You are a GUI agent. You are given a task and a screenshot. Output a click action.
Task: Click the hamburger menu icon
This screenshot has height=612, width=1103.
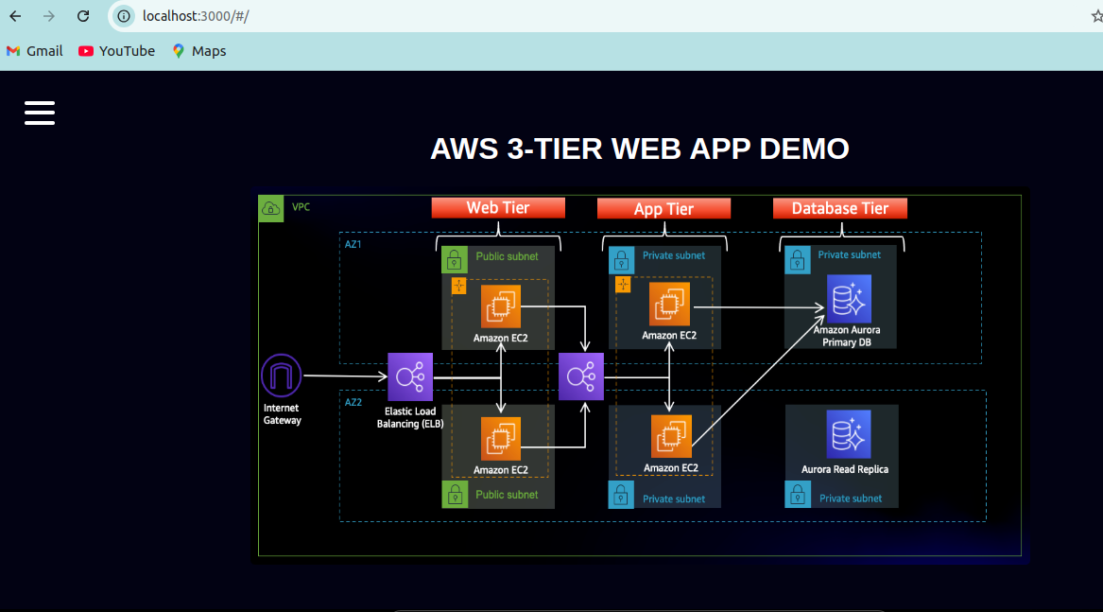click(40, 113)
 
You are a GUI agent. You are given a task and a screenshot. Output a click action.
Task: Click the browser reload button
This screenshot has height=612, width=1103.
click(83, 16)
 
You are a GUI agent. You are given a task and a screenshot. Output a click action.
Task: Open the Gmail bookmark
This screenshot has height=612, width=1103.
click(34, 51)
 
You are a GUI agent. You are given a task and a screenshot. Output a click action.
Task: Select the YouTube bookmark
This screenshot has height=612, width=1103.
click(116, 51)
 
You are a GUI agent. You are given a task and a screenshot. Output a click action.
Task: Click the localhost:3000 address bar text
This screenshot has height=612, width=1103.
click(195, 16)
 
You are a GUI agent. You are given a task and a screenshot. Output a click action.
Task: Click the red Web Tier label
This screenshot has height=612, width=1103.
click(498, 208)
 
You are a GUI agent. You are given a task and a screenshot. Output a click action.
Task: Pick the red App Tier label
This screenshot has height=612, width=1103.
click(664, 209)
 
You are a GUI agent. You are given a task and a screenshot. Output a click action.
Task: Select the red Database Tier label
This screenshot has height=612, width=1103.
click(839, 208)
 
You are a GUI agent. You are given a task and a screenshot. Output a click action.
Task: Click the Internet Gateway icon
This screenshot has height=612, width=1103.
click(281, 376)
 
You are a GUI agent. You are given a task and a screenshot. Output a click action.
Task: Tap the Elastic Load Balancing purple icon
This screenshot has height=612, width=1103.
click(410, 376)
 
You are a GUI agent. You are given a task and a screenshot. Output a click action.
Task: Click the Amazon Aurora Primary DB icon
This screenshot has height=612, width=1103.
click(848, 299)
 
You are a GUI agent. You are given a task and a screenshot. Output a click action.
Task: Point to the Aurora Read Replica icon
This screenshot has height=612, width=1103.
click(848, 434)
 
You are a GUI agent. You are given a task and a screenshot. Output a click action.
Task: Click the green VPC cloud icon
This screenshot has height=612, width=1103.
click(270, 208)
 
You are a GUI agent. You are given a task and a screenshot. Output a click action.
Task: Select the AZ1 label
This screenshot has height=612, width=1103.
click(353, 244)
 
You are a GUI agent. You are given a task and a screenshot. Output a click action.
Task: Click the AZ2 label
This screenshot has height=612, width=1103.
click(353, 402)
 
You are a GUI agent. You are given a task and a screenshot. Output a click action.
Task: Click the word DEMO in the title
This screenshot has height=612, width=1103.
click(804, 149)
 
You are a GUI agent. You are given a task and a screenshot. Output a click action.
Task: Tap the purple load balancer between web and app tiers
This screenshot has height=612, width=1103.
click(580, 376)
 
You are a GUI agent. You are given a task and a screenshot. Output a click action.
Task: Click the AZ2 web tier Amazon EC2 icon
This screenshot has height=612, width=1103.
click(500, 439)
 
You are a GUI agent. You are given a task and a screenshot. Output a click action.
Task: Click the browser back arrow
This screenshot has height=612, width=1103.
click(15, 16)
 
